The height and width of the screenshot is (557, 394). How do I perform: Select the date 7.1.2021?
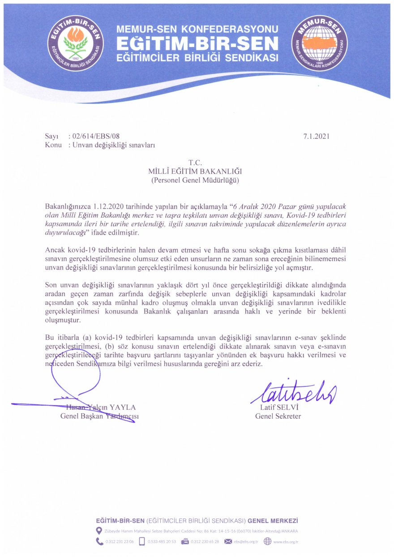316,136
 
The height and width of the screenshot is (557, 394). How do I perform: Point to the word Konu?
53,145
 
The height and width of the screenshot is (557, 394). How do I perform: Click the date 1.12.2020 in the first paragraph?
108,206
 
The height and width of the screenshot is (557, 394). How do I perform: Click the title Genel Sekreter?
278,416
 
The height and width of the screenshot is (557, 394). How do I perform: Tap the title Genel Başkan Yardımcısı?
100,416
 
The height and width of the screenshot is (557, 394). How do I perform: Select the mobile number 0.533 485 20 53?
162,541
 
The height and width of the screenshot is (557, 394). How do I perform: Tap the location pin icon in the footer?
99,531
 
